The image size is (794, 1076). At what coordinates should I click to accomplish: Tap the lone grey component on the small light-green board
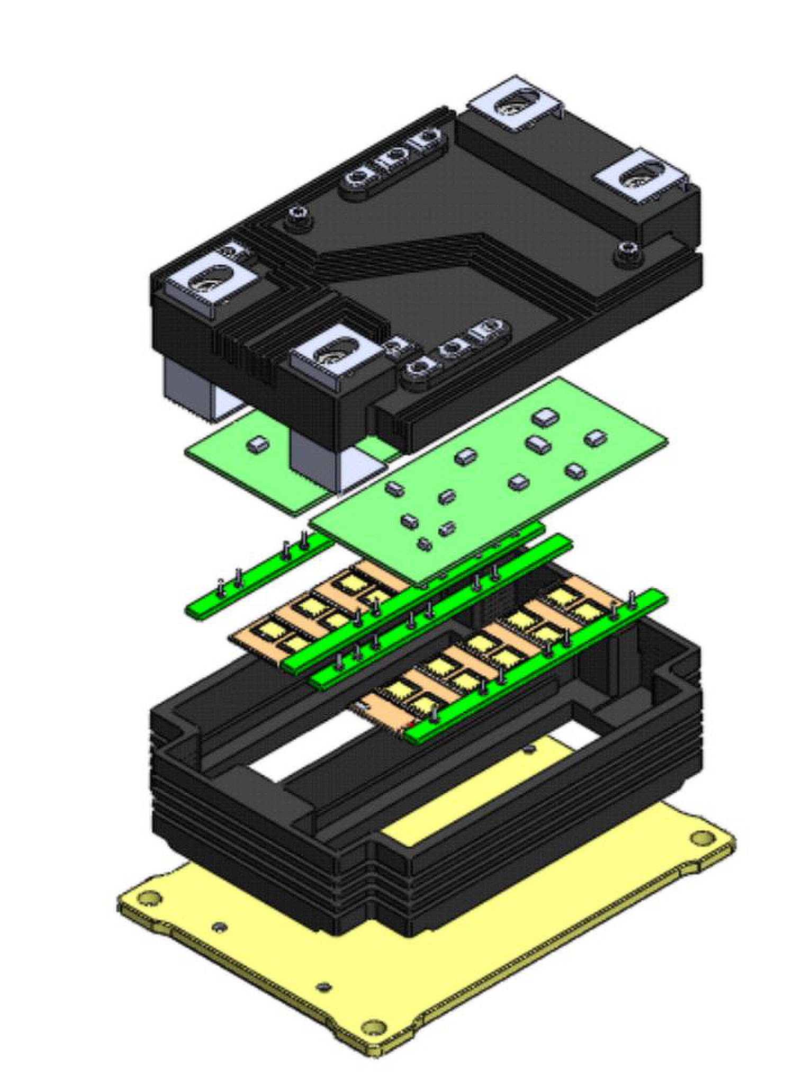tap(258, 444)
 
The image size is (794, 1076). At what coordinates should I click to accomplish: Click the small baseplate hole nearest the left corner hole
tap(219, 927)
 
